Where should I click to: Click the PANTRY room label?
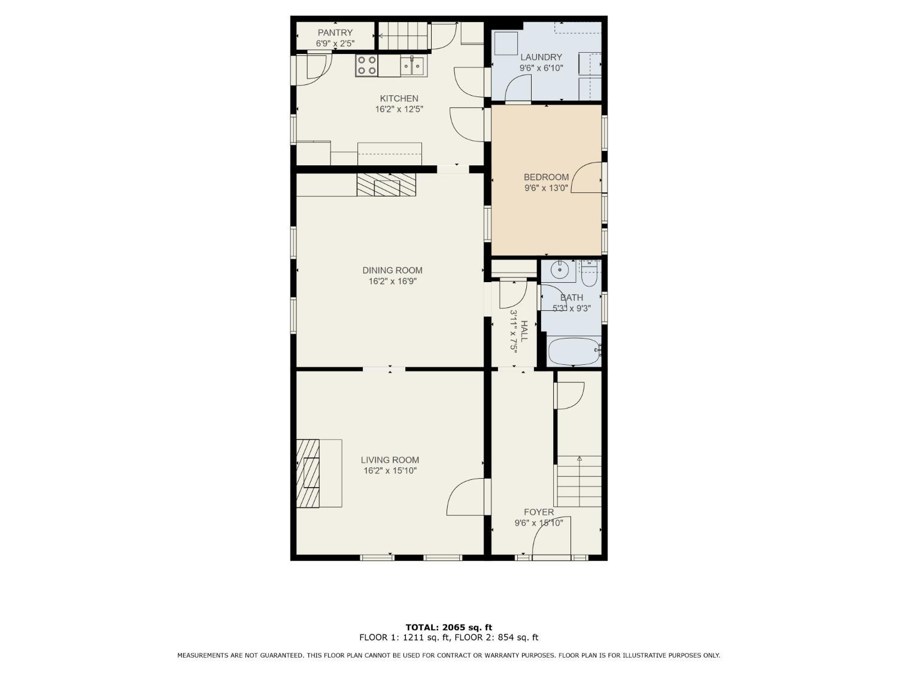point(335,33)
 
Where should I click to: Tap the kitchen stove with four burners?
point(366,65)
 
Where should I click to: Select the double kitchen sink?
point(412,65)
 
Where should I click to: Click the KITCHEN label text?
point(399,99)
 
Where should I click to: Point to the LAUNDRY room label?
point(541,58)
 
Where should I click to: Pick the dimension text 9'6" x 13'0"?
point(546,188)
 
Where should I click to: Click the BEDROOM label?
point(546,177)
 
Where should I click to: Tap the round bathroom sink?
point(558,270)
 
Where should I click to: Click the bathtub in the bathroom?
point(574,350)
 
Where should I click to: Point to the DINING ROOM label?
point(392,271)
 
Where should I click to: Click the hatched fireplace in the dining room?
point(386,185)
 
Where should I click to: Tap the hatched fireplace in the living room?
point(308,473)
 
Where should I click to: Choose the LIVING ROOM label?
point(390,460)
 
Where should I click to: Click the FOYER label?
point(539,512)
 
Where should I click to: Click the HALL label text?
point(524,331)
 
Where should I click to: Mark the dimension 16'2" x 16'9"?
point(392,281)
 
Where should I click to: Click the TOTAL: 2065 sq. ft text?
point(449,627)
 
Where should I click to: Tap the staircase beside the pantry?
point(403,35)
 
